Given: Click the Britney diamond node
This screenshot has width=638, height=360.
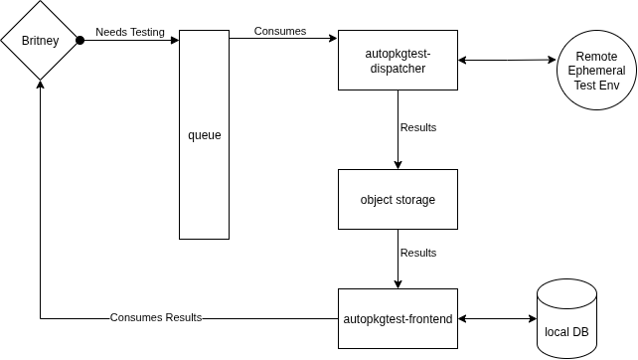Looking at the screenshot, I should click(x=40, y=41).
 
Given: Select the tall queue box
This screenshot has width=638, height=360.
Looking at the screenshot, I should click(x=204, y=179).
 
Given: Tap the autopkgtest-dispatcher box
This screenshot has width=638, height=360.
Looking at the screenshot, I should click(x=398, y=61).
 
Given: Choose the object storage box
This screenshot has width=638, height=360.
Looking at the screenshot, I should click(x=398, y=199).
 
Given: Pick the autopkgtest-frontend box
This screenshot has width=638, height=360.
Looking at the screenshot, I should click(x=398, y=319).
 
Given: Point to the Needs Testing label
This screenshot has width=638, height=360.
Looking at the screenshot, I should click(x=129, y=32).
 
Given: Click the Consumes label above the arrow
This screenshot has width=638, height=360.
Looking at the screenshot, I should click(x=280, y=31).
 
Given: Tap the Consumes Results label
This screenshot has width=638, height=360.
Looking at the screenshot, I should click(x=156, y=318).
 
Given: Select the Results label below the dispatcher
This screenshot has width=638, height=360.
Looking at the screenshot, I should click(x=417, y=127).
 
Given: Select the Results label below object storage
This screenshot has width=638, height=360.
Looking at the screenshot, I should click(x=417, y=253).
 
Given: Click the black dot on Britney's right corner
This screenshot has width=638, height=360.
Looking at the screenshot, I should click(x=80, y=41).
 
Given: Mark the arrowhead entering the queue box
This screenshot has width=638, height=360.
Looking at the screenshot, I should click(x=174, y=41).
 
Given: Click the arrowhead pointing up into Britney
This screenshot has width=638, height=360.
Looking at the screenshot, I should click(x=40, y=86).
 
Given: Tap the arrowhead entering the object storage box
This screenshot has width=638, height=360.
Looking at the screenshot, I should click(x=398, y=164).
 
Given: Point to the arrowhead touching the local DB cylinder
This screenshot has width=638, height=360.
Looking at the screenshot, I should click(x=532, y=319).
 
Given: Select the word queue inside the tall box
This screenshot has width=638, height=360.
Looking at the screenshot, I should click(x=204, y=134).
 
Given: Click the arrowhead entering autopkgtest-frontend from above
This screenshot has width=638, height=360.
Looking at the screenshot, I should click(x=398, y=283).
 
